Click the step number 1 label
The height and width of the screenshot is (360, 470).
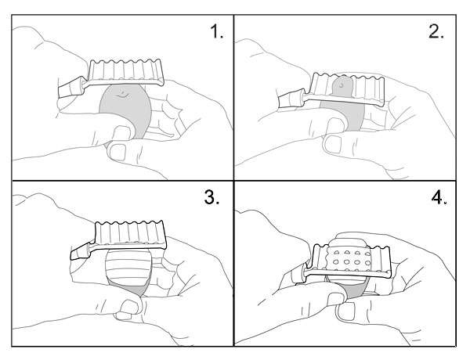[x=217, y=31]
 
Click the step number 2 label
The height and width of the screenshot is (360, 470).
[x=436, y=31]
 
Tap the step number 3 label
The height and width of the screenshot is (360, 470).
[x=212, y=197]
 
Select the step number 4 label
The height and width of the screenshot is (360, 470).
[x=439, y=198]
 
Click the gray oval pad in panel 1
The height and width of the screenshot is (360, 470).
[x=126, y=110]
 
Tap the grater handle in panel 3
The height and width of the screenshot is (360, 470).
[x=81, y=251]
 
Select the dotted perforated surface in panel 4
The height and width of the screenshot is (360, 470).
[x=349, y=258]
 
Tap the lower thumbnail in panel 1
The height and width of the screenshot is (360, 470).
[x=117, y=152]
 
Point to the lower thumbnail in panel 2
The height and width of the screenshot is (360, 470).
[x=333, y=144]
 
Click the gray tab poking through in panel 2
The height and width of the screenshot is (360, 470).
[x=342, y=87]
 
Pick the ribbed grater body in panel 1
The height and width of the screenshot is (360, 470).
[x=127, y=70]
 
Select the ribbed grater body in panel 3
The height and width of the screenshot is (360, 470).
[x=131, y=235]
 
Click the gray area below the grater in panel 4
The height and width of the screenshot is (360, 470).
[x=356, y=290]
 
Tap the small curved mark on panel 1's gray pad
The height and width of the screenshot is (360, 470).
[x=124, y=95]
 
